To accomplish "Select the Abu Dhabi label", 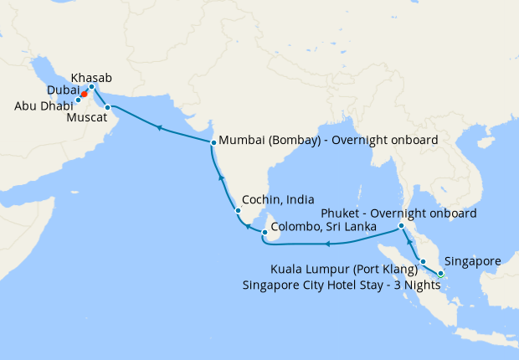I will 44,106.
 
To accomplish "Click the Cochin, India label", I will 278,201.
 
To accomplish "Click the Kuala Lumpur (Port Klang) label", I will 344,270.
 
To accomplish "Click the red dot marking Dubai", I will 85,95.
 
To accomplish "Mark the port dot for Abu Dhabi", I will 78,100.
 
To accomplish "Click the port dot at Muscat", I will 107,107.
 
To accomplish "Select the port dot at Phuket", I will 402,226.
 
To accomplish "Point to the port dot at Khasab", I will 91,87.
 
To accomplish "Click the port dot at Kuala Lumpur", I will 423,262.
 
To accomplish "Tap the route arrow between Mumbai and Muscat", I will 158,128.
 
